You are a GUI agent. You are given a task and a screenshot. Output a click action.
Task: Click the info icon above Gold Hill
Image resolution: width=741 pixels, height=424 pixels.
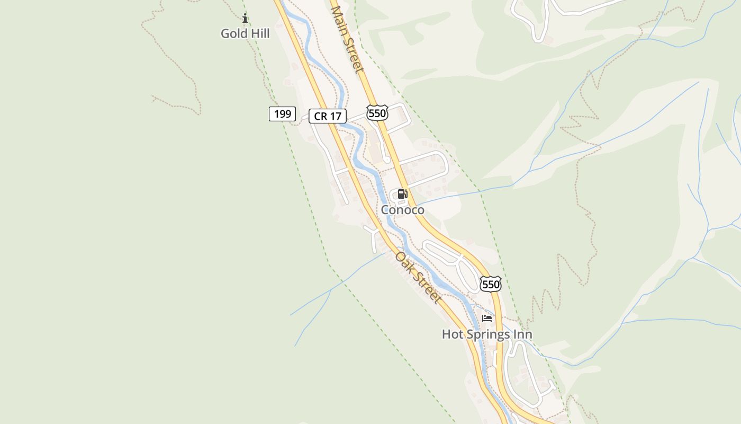tap(245, 19)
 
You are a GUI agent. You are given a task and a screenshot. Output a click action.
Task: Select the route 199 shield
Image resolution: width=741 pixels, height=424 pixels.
tap(282, 113)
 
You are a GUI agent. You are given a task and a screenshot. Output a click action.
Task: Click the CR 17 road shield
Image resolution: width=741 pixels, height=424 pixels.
tap(327, 116)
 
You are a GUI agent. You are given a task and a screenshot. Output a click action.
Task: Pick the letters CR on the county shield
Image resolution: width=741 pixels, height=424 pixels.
tap(320, 116)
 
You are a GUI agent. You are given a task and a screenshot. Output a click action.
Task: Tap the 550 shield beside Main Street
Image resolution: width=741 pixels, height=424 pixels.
tap(377, 113)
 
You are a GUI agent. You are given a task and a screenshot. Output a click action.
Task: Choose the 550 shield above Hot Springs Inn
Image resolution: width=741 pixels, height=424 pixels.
tap(491, 284)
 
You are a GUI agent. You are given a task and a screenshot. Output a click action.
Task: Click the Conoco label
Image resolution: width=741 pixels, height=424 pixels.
tap(402, 210)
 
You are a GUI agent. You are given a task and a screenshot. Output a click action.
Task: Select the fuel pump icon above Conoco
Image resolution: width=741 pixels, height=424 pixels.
tap(402, 194)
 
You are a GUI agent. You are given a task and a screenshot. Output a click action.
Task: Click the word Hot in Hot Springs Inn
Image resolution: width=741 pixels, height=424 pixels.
tap(453, 334)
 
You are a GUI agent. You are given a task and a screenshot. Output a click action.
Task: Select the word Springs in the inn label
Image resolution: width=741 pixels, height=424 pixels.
tap(490, 334)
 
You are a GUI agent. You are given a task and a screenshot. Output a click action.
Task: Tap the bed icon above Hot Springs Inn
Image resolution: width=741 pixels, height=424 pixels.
tap(487, 319)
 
